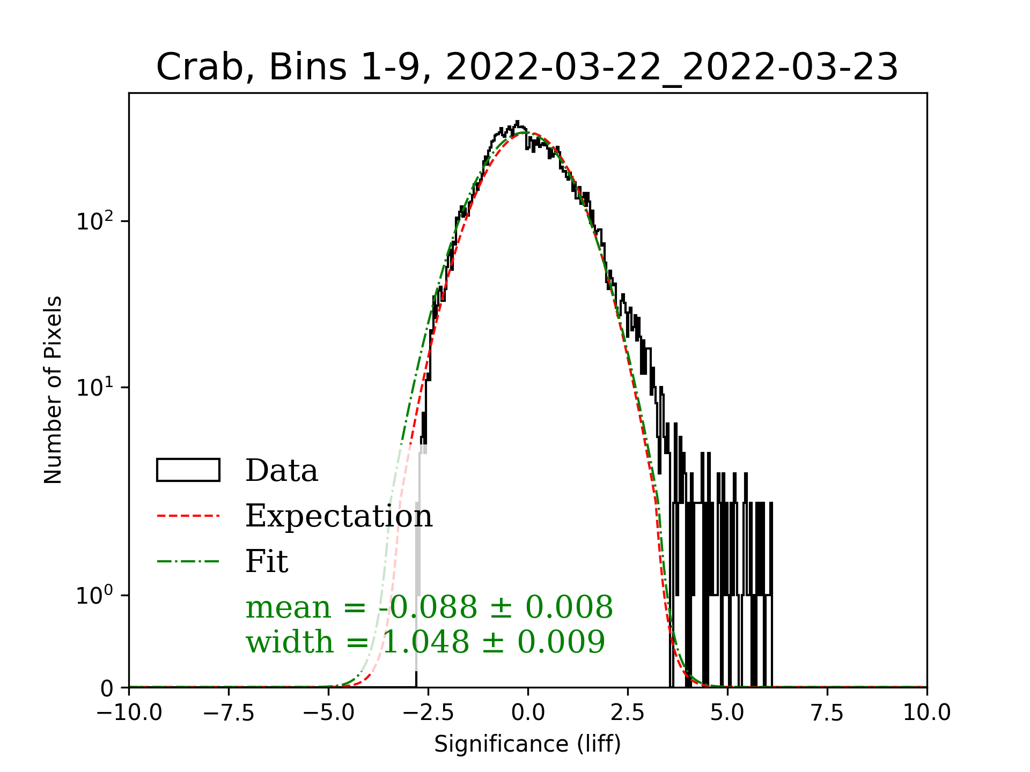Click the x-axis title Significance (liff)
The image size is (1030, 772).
pos(527,744)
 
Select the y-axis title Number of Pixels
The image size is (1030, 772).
pos(53,390)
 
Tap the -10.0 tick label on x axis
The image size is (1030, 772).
pos(129,713)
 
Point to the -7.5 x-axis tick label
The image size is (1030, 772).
pos(229,713)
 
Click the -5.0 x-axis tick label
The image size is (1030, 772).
pos(329,713)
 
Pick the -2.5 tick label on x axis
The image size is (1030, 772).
pos(429,713)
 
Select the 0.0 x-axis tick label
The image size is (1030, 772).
pos(528,713)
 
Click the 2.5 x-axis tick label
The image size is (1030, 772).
pos(628,713)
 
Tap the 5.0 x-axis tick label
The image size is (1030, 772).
pos(727,713)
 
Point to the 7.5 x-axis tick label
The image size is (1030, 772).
pos(827,713)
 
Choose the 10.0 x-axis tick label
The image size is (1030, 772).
pos(927,713)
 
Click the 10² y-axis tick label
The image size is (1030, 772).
pos(95,221)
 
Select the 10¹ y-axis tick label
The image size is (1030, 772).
pos(95,388)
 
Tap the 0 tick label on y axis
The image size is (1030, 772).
pos(107,688)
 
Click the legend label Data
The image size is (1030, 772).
pos(282,471)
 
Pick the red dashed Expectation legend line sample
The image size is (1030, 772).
pos(188,516)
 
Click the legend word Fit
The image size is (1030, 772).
pos(267,561)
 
